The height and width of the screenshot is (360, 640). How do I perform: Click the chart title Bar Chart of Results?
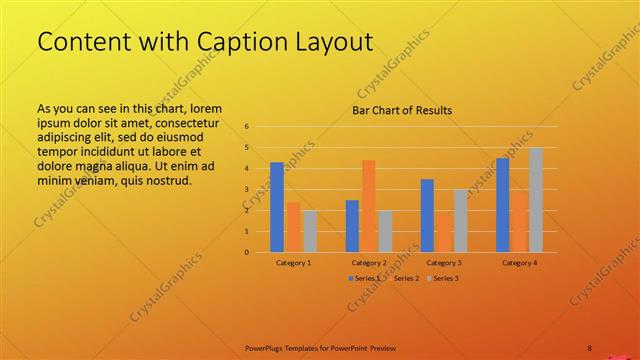(x=402, y=110)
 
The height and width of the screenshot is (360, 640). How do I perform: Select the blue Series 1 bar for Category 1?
(x=277, y=207)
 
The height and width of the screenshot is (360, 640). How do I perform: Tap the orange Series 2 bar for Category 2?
(x=369, y=206)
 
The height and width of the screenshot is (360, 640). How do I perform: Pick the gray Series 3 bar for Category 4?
(x=536, y=200)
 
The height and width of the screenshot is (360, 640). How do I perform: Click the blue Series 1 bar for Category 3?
(x=427, y=215)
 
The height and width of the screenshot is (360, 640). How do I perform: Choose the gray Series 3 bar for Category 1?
(x=310, y=231)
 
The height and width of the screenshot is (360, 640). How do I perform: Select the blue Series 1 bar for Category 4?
(x=502, y=205)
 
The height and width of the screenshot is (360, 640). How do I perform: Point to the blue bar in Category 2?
(x=352, y=226)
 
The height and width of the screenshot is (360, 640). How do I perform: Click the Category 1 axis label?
(x=293, y=262)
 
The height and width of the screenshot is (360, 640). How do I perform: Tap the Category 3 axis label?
(x=443, y=262)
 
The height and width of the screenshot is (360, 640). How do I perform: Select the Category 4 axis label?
(x=519, y=262)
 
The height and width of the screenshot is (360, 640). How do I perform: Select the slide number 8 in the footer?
(x=589, y=348)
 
